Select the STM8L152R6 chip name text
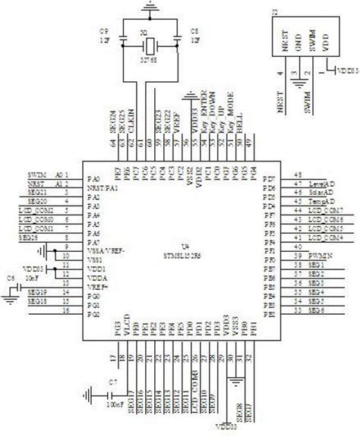(182, 256)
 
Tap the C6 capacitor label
(11, 278)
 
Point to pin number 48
(286, 174)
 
